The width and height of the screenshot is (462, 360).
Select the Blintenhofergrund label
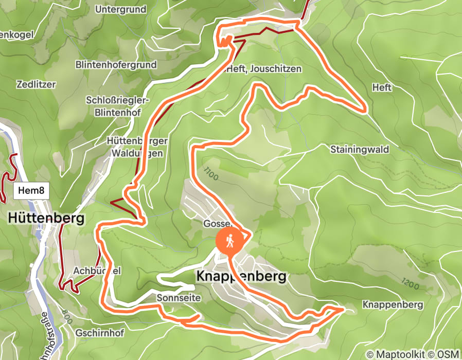pyautogui.click(x=116, y=65)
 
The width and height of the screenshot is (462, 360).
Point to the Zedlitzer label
pyautogui.click(x=36, y=84)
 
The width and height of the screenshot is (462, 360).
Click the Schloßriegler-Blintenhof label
pyautogui.click(x=118, y=105)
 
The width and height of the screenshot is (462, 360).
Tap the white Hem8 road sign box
pyautogui.click(x=31, y=191)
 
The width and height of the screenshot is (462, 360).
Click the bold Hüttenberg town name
pyautogui.click(x=46, y=219)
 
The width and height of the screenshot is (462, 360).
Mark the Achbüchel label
pyautogui.click(x=90, y=271)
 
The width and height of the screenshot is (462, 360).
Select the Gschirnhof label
pyautogui.click(x=99, y=333)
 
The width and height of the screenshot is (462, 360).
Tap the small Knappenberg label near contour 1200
pyautogui.click(x=393, y=304)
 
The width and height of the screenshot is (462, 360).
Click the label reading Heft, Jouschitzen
pyautogui.click(x=263, y=69)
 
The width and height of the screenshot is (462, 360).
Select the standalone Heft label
pyautogui.click(x=382, y=88)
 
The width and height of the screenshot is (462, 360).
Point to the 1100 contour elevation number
pyautogui.click(x=211, y=174)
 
